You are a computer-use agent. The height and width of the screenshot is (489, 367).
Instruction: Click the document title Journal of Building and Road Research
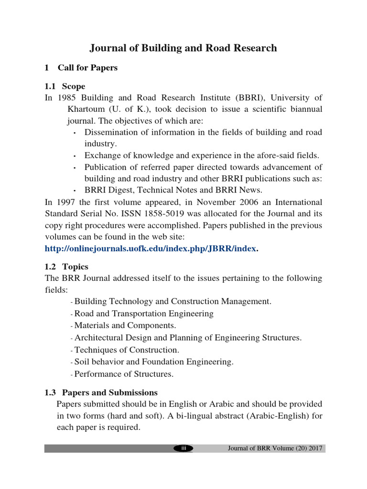tap(183, 48)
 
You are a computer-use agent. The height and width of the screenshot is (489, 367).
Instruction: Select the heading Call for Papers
tap(87, 68)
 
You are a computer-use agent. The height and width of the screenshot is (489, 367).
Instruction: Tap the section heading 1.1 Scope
tap(65, 86)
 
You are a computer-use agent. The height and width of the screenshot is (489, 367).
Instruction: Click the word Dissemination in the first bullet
tap(108, 132)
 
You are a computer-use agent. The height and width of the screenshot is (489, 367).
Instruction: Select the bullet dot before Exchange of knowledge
tap(76, 156)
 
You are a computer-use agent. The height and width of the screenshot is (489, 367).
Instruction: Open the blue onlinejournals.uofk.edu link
tap(151, 248)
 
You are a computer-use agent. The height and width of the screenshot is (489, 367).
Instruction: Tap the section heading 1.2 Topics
tap(66, 266)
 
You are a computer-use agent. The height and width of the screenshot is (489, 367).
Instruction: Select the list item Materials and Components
tap(125, 326)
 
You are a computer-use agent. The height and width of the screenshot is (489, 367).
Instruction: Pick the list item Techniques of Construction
tap(127, 350)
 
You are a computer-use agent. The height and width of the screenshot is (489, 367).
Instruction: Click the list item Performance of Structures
tap(124, 374)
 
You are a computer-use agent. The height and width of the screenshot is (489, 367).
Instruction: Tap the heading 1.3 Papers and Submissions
tap(101, 393)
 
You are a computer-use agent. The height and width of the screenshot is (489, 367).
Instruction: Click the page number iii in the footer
tap(183, 448)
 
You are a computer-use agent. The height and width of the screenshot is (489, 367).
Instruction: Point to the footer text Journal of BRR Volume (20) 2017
tap(275, 448)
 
